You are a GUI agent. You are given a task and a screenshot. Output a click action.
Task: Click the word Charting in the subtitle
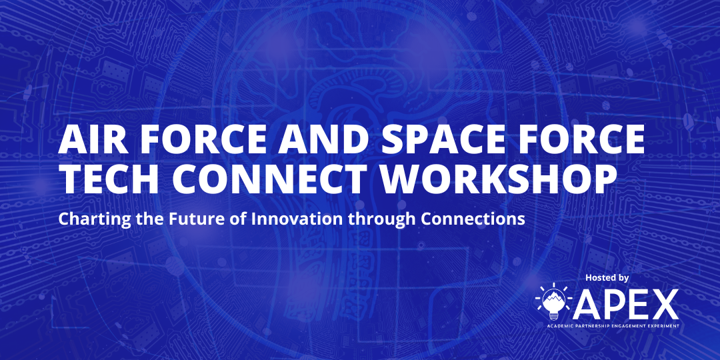pyautogui.click(x=87, y=219)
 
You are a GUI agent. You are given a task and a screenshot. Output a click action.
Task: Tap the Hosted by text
pyautogui.click(x=607, y=277)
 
